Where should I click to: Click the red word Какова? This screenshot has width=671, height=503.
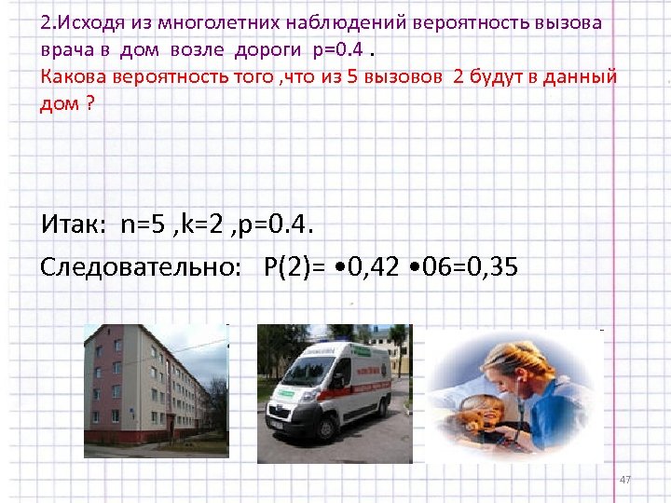pyautogui.click(x=74, y=76)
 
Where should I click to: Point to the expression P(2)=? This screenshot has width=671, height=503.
pyautogui.click(x=297, y=268)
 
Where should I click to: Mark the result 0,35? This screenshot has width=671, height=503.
pyautogui.click(x=491, y=268)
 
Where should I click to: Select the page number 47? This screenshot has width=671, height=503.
pyautogui.click(x=625, y=479)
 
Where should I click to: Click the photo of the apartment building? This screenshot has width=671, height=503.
pyautogui.click(x=156, y=390)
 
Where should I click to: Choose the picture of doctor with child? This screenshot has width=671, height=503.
pyautogui.click(x=509, y=396)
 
